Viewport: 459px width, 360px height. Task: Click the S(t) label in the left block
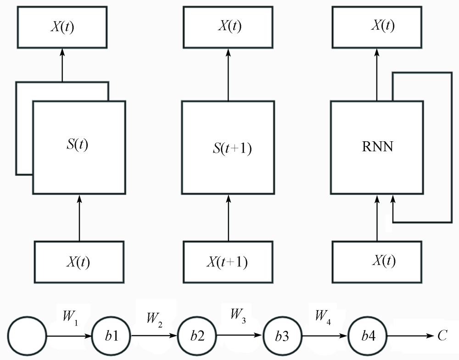[x=77, y=144]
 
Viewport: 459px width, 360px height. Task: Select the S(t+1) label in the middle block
[x=232, y=148]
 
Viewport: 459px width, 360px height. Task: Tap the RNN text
[x=377, y=146]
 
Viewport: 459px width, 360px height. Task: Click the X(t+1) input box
[x=228, y=262]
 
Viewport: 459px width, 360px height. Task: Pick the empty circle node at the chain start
[x=27, y=336]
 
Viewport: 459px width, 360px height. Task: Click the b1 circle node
[x=112, y=336]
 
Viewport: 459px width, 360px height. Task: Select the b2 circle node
[x=197, y=336]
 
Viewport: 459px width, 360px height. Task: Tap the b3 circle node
[x=282, y=336]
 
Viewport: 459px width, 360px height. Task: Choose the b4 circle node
[x=367, y=336]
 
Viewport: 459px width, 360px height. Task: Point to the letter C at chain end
[x=442, y=335]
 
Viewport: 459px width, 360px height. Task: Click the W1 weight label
[x=70, y=318]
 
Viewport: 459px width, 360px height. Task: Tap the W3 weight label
[x=238, y=316]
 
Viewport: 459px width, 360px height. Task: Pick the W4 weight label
[x=323, y=317]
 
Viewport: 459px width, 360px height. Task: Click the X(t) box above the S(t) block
[x=62, y=27]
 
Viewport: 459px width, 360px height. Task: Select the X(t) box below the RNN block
[x=377, y=262]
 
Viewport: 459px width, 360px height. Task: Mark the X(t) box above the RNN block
[x=377, y=27]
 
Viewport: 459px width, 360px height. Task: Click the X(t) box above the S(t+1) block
[x=228, y=27]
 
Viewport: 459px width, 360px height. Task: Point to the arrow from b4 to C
[x=410, y=336]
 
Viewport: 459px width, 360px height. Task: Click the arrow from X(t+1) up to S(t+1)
[x=228, y=218]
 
